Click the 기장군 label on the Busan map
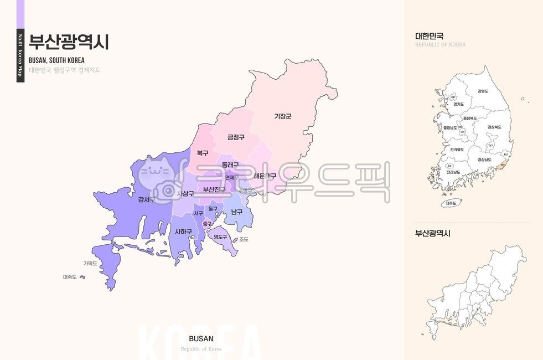[283, 116]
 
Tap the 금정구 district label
[236, 137]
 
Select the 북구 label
[203, 153]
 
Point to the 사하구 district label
[183, 232]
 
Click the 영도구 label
[220, 237]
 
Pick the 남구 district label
[237, 212]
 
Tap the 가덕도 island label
[90, 264]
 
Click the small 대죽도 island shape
[83, 277]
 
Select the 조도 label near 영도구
[244, 240]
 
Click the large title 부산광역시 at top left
[69, 42]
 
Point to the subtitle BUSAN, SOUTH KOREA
[56, 60]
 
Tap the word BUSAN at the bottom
[201, 338]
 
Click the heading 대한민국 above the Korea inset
[429, 36]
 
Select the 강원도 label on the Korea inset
[483, 91]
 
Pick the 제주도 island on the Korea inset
[451, 203]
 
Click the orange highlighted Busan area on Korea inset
[501, 164]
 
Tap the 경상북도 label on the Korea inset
[494, 127]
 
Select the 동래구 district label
[230, 165]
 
